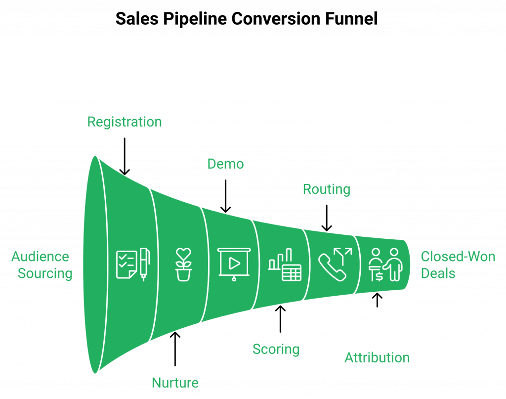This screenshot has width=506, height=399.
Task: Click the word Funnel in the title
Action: [351, 18]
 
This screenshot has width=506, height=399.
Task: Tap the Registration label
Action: [125, 122]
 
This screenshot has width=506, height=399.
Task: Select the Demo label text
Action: [225, 164]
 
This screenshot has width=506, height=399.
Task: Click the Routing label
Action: [327, 189]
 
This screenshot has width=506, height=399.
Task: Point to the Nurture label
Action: [175, 383]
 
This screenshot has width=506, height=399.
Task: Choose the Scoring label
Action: [276, 350]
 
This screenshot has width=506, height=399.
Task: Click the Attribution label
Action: [377, 357]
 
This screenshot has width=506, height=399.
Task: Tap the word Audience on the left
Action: [41, 257]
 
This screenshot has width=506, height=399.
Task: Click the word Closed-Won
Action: [458, 257]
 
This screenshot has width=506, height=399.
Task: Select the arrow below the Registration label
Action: [125, 156]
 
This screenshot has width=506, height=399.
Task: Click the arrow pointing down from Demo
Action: [225, 196]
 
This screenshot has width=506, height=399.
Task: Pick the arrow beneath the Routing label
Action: [327, 218]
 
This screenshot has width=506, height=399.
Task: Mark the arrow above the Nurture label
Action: [175, 349]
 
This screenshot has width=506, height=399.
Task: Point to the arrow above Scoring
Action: [281, 319]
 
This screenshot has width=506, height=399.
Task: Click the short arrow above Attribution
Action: [377, 300]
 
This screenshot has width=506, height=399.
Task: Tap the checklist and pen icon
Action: [133, 265]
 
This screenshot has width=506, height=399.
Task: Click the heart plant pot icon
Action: [183, 265]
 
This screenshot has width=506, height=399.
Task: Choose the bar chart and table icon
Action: [285, 265]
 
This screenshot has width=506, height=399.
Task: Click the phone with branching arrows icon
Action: [335, 265]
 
